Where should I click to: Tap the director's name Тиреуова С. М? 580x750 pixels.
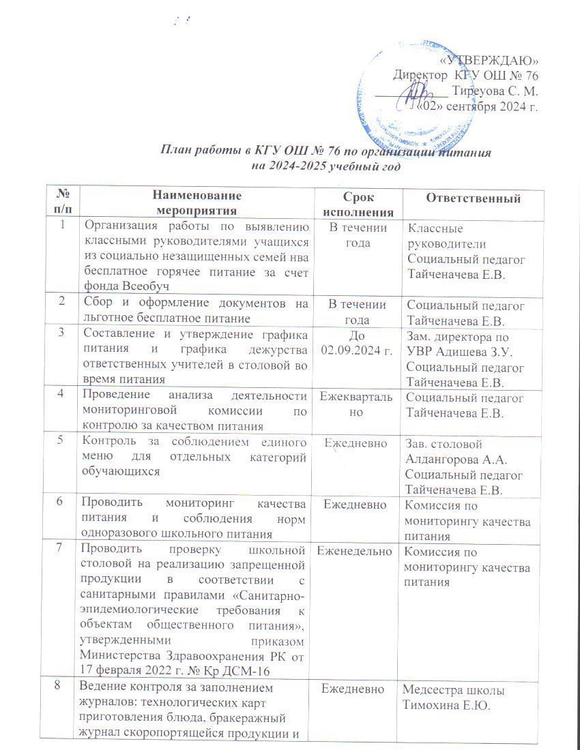click(496, 90)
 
